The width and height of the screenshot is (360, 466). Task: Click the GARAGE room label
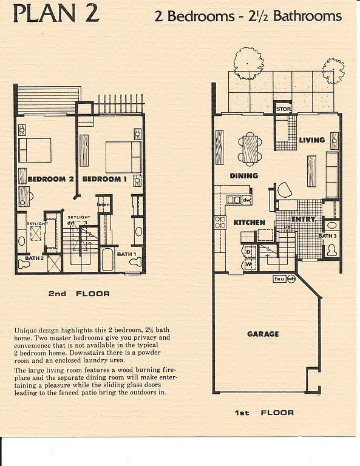(x=263, y=334)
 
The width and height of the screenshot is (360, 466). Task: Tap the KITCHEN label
(x=249, y=223)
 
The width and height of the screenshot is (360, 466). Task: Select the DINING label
(x=243, y=176)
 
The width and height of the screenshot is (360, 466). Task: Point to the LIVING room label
(x=311, y=140)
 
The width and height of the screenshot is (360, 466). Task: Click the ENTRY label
(x=302, y=219)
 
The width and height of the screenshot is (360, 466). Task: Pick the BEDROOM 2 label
(x=50, y=180)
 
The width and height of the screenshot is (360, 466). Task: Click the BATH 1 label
(x=126, y=254)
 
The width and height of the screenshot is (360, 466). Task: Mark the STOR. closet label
(x=284, y=109)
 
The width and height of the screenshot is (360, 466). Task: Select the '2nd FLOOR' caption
(x=79, y=294)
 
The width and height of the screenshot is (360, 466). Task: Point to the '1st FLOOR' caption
(x=264, y=413)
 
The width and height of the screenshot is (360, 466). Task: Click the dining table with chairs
(x=250, y=149)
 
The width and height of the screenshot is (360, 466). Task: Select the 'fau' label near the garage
(x=279, y=279)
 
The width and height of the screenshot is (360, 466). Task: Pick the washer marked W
(x=248, y=264)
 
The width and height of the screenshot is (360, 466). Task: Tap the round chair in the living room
(x=284, y=190)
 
